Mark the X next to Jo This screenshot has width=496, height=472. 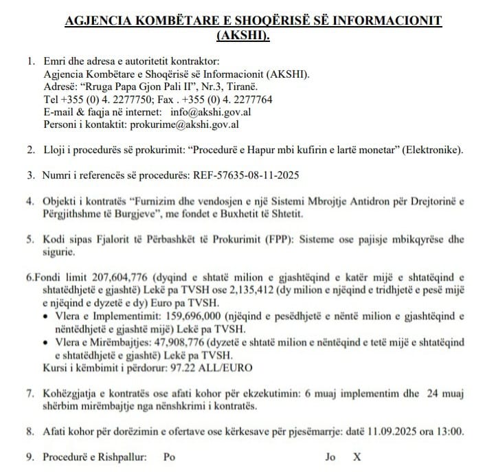click(x=356, y=457)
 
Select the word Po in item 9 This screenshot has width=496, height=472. click(x=169, y=457)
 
